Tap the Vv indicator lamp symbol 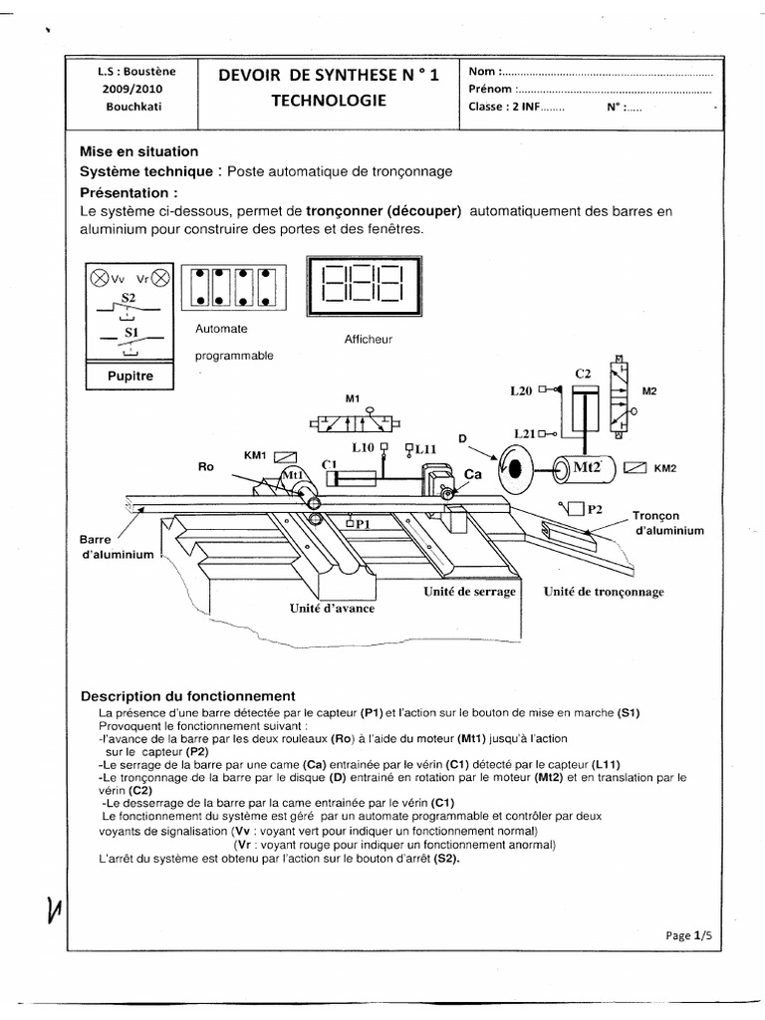click(101, 279)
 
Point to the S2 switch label click(127, 297)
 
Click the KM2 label click(664, 467)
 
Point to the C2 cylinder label click(583, 374)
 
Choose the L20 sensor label click(520, 391)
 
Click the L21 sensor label click(526, 433)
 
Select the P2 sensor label click(595, 509)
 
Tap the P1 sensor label click(362, 522)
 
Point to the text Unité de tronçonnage click(603, 591)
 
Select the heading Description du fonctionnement click(187, 695)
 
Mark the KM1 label click(256, 454)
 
